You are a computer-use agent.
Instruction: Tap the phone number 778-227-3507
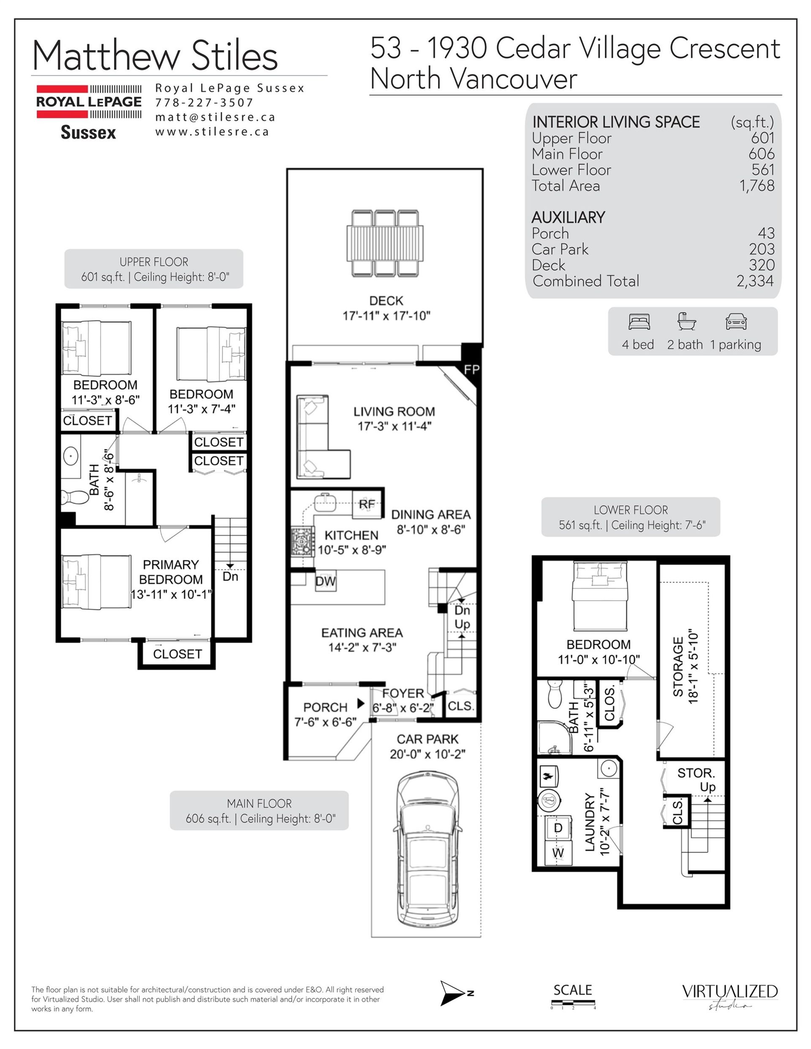tap(204, 102)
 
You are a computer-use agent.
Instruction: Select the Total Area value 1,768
tap(757, 185)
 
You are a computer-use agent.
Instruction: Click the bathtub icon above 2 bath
tap(686, 321)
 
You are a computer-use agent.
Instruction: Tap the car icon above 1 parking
tap(736, 321)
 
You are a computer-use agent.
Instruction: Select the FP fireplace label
tap(471, 369)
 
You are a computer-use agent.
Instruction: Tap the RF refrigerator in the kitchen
tap(367, 504)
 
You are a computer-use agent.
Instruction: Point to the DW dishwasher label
tap(326, 581)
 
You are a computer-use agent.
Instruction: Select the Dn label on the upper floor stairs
tap(230, 576)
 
